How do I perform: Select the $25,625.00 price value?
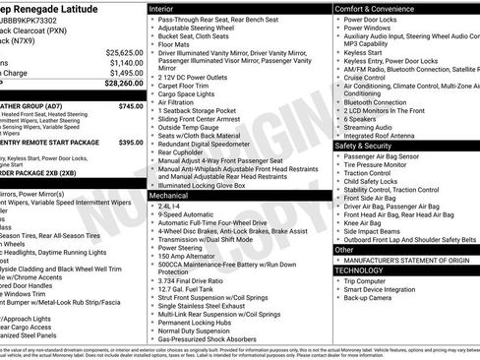click(125, 51)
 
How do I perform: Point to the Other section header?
click(343, 249)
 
